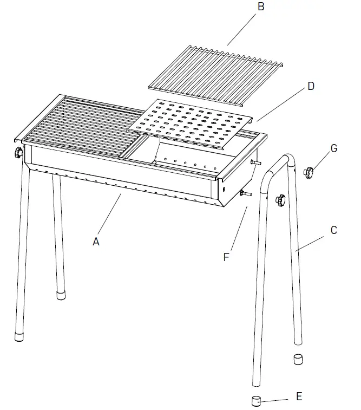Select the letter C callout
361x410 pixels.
click(x=334, y=230)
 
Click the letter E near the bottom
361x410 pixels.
click(x=299, y=396)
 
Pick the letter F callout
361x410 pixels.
click(x=227, y=256)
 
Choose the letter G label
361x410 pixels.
click(x=334, y=148)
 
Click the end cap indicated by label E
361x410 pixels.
click(x=256, y=401)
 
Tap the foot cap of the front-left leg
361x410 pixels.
click(x=19, y=335)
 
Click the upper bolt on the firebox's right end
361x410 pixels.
click(x=257, y=163)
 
